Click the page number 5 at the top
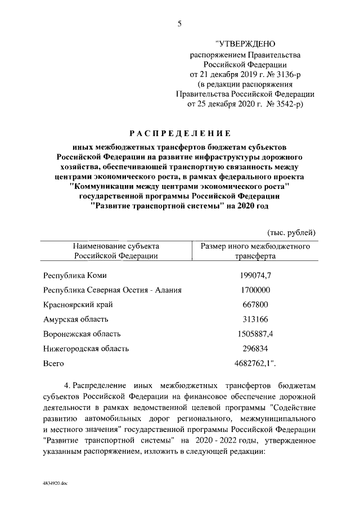click(180, 23)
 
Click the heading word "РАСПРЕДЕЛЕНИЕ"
click(180, 133)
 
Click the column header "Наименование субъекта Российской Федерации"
click(116, 250)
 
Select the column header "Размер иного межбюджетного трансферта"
click(255, 250)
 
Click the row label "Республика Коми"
click(74, 276)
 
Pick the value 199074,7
click(255, 276)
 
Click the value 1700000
click(255, 290)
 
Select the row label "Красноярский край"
click(78, 305)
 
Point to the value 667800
click(255, 305)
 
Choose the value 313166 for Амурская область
click(255, 319)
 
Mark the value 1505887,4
click(255, 334)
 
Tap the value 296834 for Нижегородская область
click(255, 349)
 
